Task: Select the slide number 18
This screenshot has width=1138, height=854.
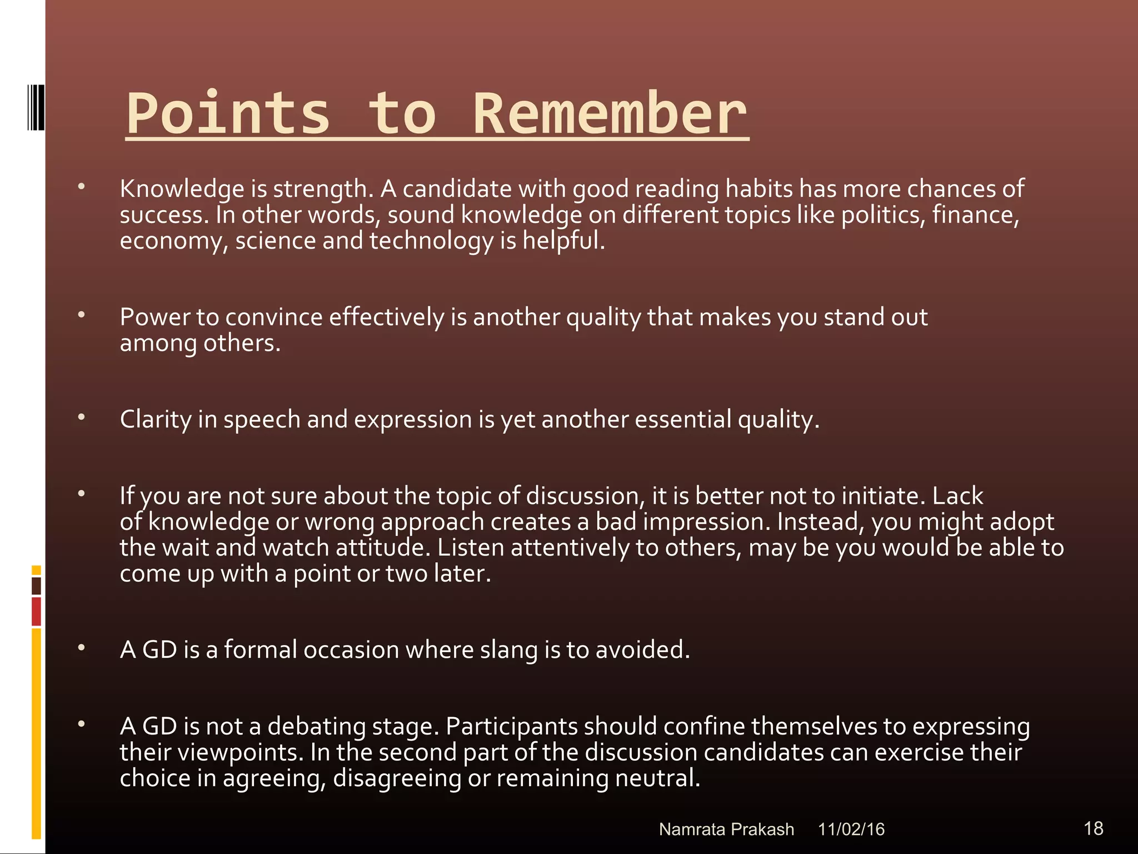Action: tap(1093, 828)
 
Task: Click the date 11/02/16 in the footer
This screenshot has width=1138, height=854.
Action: tap(851, 830)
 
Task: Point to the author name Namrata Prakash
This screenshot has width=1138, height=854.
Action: tap(726, 830)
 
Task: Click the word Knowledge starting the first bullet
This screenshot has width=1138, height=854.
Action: tap(182, 189)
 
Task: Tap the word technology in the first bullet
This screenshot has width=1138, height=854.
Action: tap(431, 241)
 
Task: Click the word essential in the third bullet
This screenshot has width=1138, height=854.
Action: tap(683, 420)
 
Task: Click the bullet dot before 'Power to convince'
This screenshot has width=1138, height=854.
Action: tap(82, 315)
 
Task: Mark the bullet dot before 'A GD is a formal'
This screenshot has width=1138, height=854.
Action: tap(82, 648)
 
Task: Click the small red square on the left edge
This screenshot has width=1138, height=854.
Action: tap(36, 611)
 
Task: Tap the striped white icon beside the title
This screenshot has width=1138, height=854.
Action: tap(36, 107)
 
